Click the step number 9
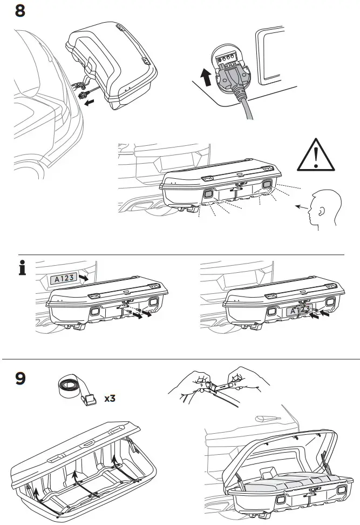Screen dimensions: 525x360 point(19,378)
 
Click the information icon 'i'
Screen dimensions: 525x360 point(23,268)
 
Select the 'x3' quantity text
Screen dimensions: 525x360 point(111,399)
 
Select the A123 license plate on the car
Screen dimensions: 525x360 point(62,279)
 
